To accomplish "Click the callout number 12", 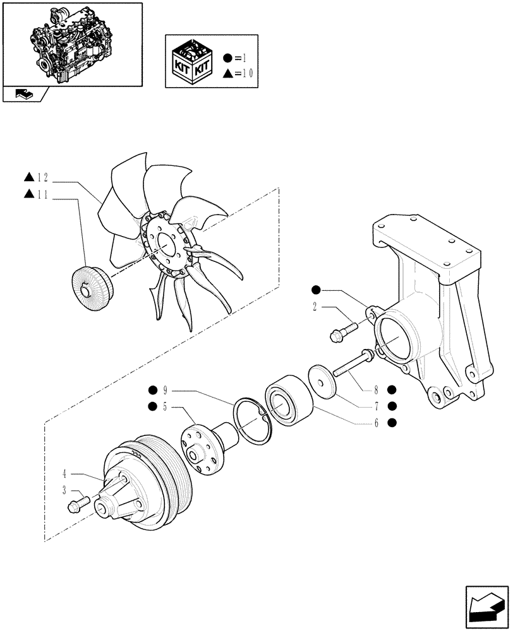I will pyautogui.click(x=44, y=179).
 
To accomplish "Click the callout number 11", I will pyautogui.click(x=44, y=194).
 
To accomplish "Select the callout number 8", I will pyautogui.click(x=376, y=389).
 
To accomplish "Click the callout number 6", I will pyautogui.click(x=376, y=423).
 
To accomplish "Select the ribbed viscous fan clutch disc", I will pyautogui.click(x=94, y=288).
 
